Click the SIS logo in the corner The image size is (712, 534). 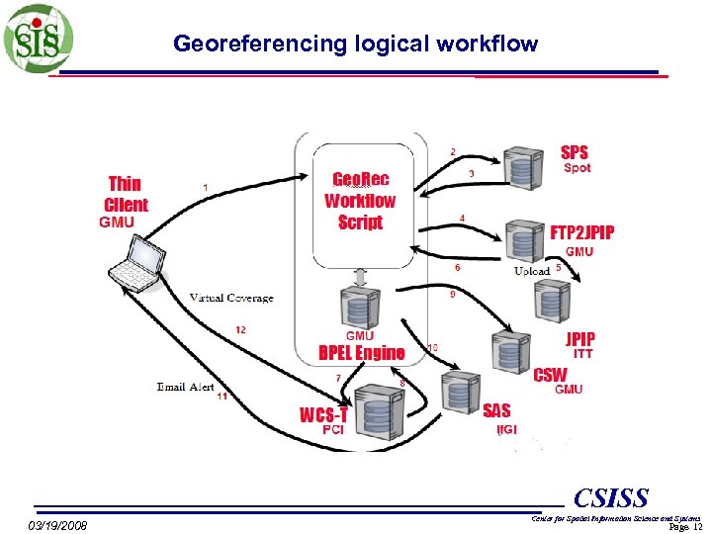pyautogui.click(x=38, y=39)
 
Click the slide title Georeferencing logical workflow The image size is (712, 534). pyautogui.click(x=355, y=44)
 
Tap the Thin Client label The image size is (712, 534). pyautogui.click(x=126, y=194)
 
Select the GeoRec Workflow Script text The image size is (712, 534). pyautogui.click(x=360, y=201)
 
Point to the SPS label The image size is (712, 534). pyautogui.click(x=574, y=152)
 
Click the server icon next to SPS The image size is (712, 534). pyautogui.click(x=521, y=168)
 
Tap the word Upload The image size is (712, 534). pyautogui.click(x=532, y=271)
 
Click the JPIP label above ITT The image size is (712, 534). pyautogui.click(x=580, y=338)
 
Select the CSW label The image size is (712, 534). pyautogui.click(x=550, y=375)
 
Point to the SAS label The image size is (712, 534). pyautogui.click(x=496, y=409)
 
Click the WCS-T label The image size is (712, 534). pyautogui.click(x=323, y=414)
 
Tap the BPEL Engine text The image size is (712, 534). pyautogui.click(x=361, y=353)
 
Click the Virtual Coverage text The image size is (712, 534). pyautogui.click(x=231, y=298)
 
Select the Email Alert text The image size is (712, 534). pyautogui.click(x=185, y=387)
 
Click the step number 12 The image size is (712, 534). pyautogui.click(x=240, y=329)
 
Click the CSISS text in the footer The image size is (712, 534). pyautogui.click(x=610, y=497)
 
